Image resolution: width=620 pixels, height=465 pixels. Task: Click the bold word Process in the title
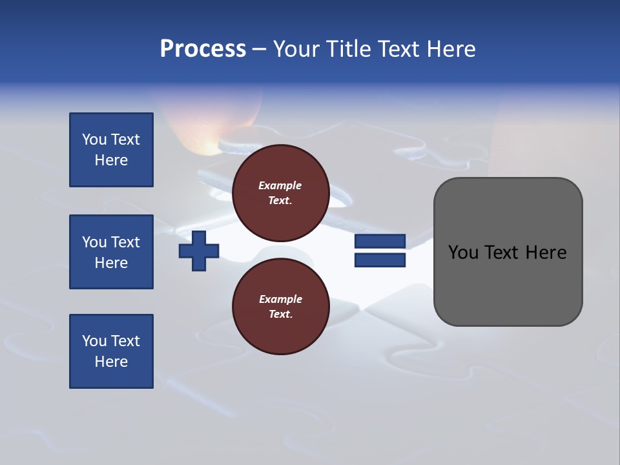coord(203,49)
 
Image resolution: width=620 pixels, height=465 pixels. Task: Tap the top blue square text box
coord(111,150)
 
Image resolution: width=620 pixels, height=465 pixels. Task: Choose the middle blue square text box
coord(111,252)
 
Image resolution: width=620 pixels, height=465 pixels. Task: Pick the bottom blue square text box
coord(111,351)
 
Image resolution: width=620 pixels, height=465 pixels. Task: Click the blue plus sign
coord(199,251)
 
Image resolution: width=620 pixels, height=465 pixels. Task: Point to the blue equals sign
coord(380,251)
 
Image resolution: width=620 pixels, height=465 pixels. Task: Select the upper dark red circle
coord(280,193)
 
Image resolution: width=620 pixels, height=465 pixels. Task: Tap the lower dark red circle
coord(280,307)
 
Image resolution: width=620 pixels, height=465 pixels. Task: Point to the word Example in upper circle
coord(280,185)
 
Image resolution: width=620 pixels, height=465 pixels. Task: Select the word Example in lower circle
coord(280,299)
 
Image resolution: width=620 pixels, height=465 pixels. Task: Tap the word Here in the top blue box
coord(111,160)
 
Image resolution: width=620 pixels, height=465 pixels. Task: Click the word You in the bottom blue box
coord(94,341)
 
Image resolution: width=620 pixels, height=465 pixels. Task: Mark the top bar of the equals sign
coord(380,241)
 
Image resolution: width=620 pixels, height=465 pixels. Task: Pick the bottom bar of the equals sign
coord(380,260)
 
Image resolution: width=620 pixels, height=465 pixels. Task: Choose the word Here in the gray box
coord(546,253)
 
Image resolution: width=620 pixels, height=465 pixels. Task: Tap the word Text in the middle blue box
coord(125,242)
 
